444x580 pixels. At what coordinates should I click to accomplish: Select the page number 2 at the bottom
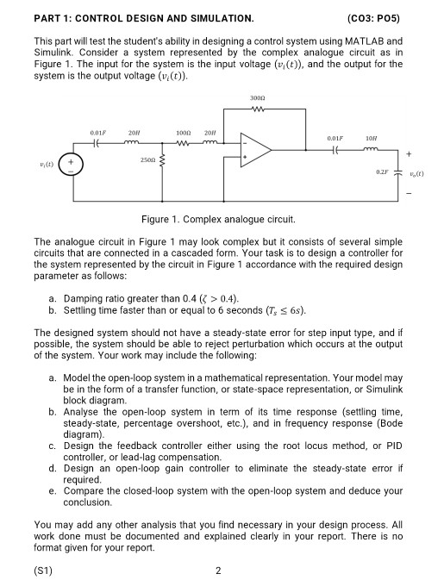click(x=219, y=570)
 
